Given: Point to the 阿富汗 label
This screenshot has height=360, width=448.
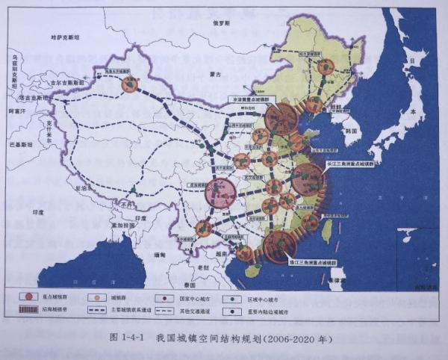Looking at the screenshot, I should (16, 111).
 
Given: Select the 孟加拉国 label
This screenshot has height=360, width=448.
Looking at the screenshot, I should (116, 225).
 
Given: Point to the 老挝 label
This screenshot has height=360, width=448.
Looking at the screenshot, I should (193, 267).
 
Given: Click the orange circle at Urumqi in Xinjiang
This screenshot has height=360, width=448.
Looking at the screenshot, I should (131, 84).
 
